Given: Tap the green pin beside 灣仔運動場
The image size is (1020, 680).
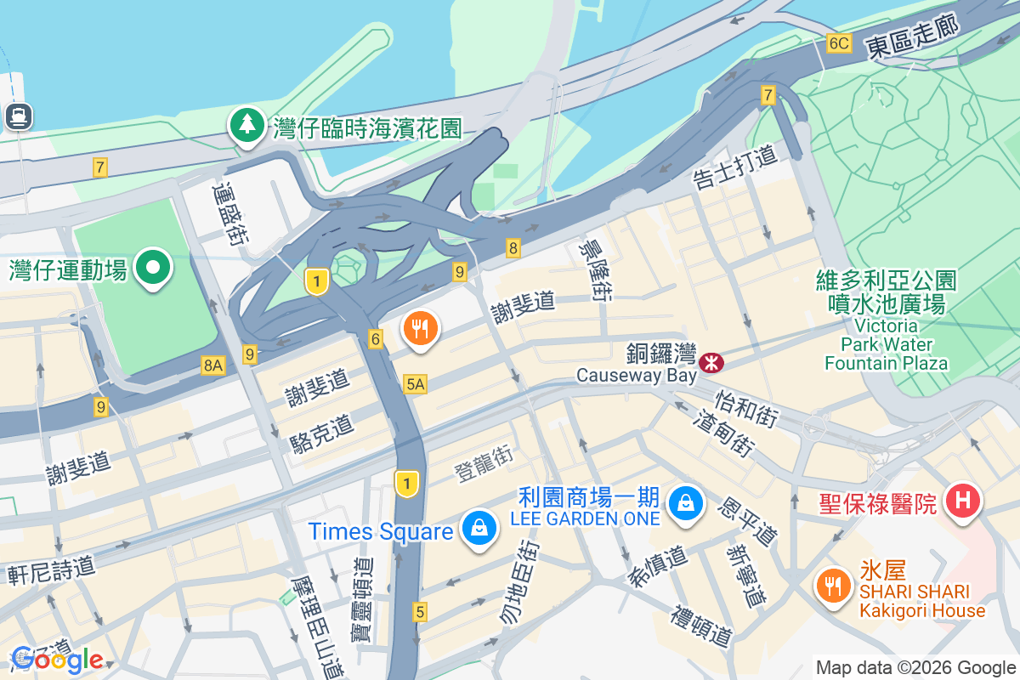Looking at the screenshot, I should [x=154, y=268].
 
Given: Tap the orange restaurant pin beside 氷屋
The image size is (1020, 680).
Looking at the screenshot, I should [x=830, y=586].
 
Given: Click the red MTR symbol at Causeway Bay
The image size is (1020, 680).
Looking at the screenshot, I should [x=711, y=363].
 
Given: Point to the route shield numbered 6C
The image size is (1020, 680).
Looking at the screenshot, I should [x=838, y=43].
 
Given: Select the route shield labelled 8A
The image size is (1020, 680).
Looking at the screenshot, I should [x=212, y=365].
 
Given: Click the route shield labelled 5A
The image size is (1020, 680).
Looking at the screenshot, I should [x=415, y=384].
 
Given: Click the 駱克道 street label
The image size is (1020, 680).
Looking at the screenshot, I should [x=321, y=428].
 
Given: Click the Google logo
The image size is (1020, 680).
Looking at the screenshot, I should [x=58, y=659].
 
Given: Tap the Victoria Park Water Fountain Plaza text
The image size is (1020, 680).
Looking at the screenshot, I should [x=886, y=344].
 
